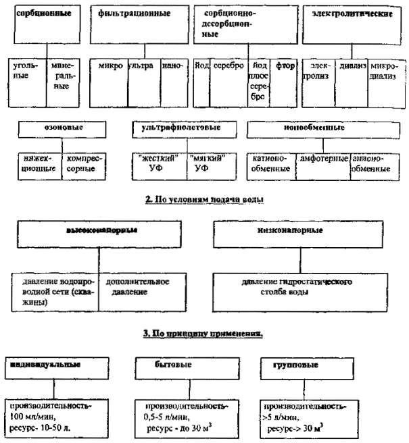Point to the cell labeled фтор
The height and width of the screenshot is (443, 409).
pos(282,68)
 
